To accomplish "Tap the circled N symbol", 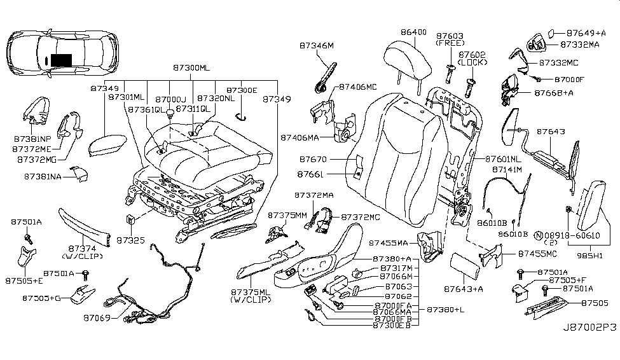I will click(x=538, y=236).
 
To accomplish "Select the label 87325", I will click(x=130, y=240).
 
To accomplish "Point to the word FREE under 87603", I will click(x=450, y=43).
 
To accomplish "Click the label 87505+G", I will click(x=41, y=297).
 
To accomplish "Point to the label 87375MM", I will click(x=286, y=216).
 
